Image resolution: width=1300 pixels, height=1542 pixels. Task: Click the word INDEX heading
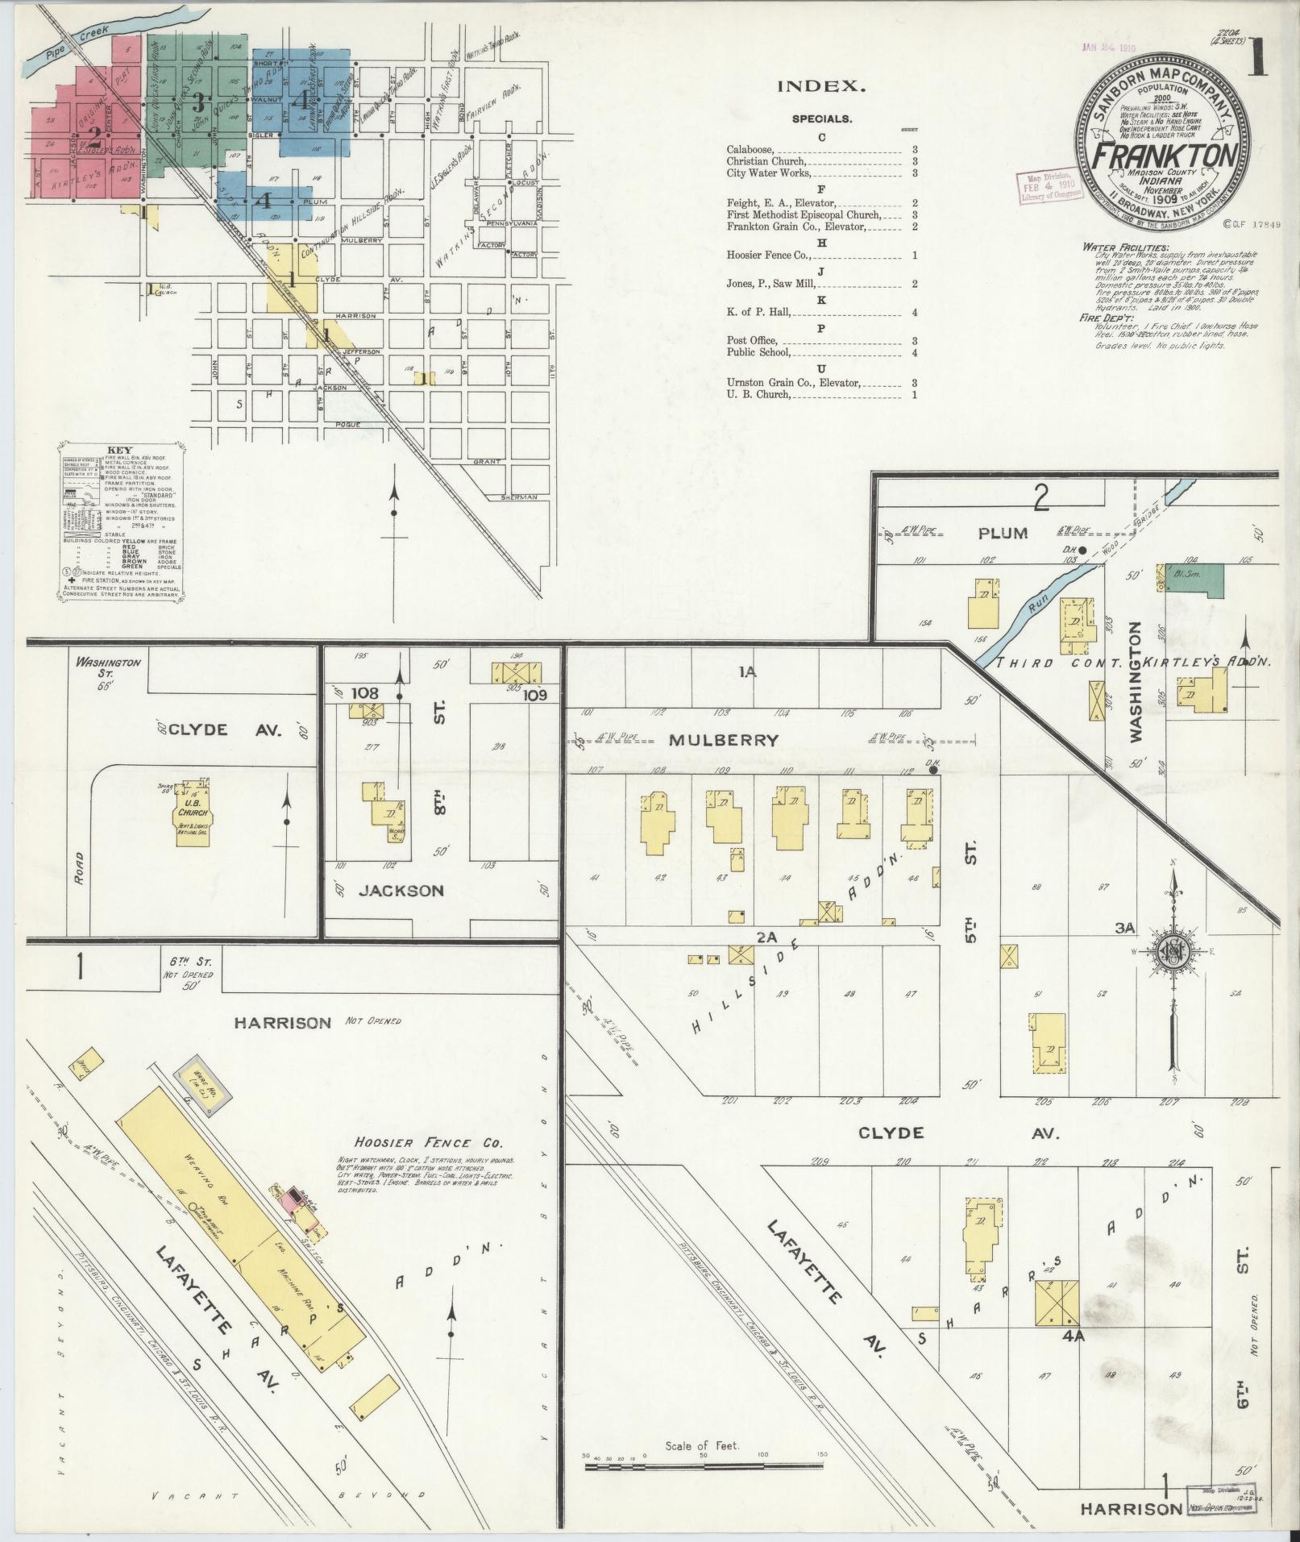click(x=821, y=86)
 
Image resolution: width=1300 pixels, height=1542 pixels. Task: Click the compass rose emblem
click(x=1173, y=953)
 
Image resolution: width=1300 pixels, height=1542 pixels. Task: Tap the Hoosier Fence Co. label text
click(x=427, y=1143)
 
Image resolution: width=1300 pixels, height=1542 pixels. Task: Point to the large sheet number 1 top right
click(x=1256, y=59)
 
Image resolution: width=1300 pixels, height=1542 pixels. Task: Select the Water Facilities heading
click(x=1124, y=248)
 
